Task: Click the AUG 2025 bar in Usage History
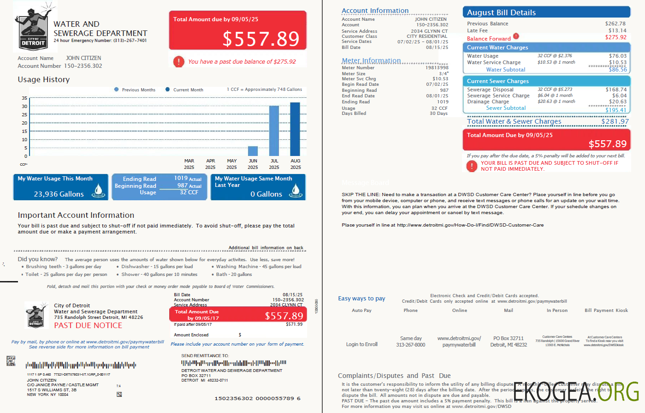pyautogui.click(x=295, y=129)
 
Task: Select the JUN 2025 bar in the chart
pyautogui.click(x=253, y=151)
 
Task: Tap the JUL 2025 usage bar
pyautogui.click(x=274, y=131)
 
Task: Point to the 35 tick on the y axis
pyautogui.click(x=24, y=98)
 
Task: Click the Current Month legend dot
pyautogui.click(x=167, y=90)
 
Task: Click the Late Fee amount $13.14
pyautogui.click(x=617, y=30)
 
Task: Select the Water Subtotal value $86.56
pyautogui.click(x=617, y=70)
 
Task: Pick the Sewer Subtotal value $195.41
pyautogui.click(x=616, y=110)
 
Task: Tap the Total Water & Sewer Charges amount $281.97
pyautogui.click(x=615, y=121)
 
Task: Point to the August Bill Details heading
pyautogui.click(x=501, y=13)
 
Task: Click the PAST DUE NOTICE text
pyautogui.click(x=88, y=325)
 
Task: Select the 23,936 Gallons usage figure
pyautogui.click(x=59, y=194)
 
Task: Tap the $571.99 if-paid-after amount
pyautogui.click(x=294, y=324)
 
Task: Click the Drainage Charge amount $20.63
pyautogui.click(x=617, y=102)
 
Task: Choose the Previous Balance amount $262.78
pyautogui.click(x=615, y=24)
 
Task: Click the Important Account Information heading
pyautogui.click(x=76, y=215)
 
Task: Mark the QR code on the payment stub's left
pyautogui.click(x=11, y=361)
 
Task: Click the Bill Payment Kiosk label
pyautogui.click(x=606, y=311)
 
